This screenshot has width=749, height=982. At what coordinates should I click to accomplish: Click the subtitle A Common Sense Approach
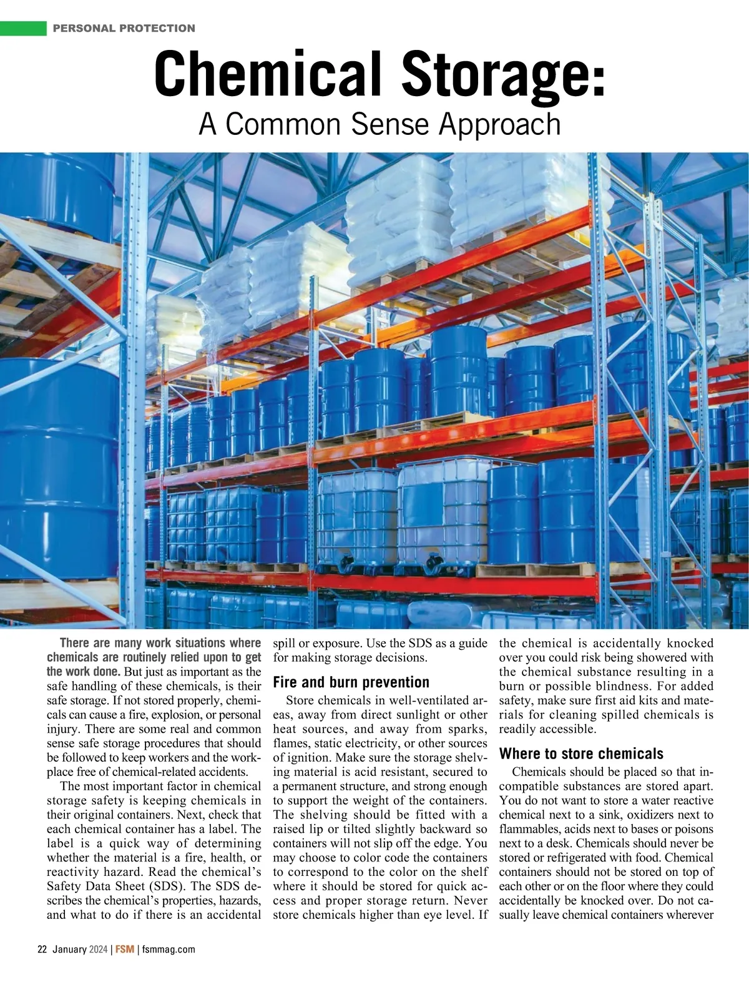tap(379, 124)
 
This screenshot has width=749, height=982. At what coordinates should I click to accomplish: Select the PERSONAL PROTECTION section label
tap(124, 28)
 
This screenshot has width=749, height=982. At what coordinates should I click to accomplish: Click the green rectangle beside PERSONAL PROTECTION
tap(23, 28)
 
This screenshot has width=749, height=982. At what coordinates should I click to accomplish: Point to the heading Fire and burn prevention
tap(351, 682)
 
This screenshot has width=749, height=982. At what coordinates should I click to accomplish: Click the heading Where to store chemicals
tap(581, 754)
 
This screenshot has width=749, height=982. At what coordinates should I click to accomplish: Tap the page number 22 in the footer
tap(42, 950)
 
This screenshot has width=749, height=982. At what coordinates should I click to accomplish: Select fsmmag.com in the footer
tap(169, 950)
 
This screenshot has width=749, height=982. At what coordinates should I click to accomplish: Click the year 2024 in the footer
tap(99, 950)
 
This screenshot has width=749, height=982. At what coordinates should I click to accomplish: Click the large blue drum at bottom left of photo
tap(59, 462)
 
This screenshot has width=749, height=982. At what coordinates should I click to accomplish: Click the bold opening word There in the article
tap(75, 643)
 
